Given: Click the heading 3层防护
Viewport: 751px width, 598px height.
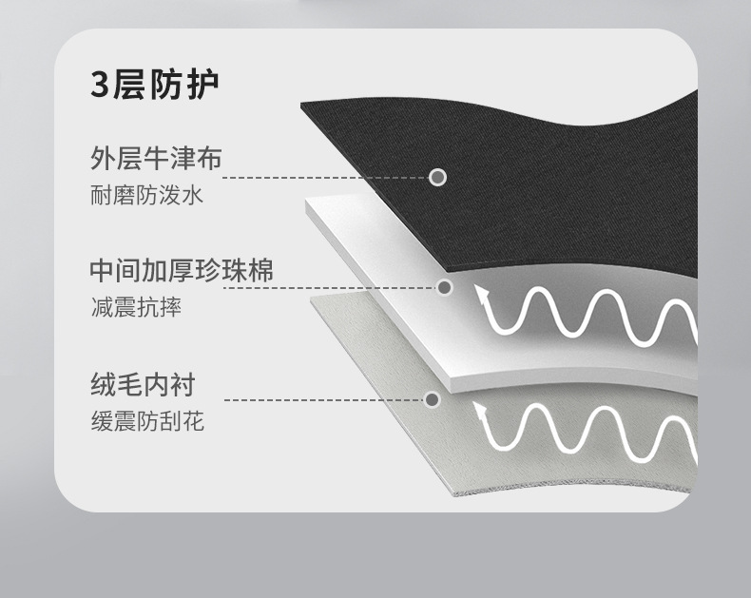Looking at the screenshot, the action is tap(155, 85).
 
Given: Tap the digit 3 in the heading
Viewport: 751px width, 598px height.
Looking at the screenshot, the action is tap(100, 85).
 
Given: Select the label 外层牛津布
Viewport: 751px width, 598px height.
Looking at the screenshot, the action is tap(156, 158).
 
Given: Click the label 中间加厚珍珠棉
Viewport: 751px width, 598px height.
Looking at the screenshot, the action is tap(182, 270).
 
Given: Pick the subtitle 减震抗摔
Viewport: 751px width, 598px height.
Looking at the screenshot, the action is tap(135, 307).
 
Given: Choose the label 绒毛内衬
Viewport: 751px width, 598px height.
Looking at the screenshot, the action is tap(142, 384).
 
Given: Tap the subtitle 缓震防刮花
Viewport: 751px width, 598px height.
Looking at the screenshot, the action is tap(146, 420).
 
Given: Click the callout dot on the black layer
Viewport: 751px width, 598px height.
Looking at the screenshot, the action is tap(438, 177).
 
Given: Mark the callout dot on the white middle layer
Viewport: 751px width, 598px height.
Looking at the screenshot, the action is tap(444, 287).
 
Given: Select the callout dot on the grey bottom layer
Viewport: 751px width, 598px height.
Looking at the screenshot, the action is tap(433, 400).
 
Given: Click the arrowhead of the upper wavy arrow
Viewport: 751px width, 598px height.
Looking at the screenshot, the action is tap(485, 294).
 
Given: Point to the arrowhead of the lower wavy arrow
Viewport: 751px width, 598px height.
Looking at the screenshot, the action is tap(481, 411).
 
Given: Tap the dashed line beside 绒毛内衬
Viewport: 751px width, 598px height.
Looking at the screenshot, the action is tap(323, 400).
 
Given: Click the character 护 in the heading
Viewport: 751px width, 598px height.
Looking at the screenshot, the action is tap(204, 85).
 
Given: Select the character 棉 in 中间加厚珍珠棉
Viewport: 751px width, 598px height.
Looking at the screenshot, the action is tap(260, 270).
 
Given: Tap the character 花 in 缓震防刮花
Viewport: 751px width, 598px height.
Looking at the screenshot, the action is tap(193, 420).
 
